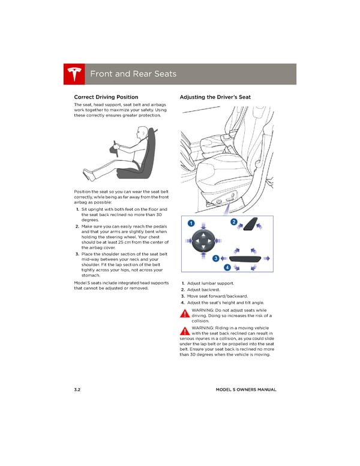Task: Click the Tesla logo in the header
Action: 74,74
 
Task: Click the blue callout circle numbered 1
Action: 191,223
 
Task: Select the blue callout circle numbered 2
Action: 234,223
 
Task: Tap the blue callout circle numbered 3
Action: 215,258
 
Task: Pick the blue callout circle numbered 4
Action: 229,267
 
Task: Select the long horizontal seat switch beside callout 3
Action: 246,259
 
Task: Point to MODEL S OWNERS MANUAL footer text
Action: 246,390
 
